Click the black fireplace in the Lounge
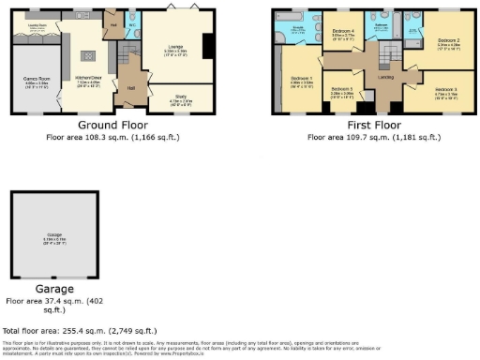click(208, 48)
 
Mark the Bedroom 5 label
click(342, 92)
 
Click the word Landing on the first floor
click(384, 76)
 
